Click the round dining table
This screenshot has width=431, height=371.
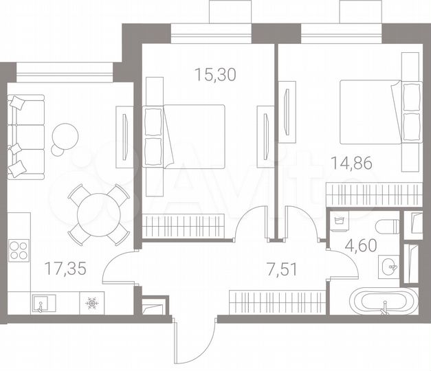point(98,214)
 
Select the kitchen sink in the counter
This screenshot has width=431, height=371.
point(40,302)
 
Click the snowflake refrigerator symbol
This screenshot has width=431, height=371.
point(91,302)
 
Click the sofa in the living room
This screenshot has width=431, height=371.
point(25,135)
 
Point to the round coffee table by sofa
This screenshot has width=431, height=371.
point(66,135)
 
